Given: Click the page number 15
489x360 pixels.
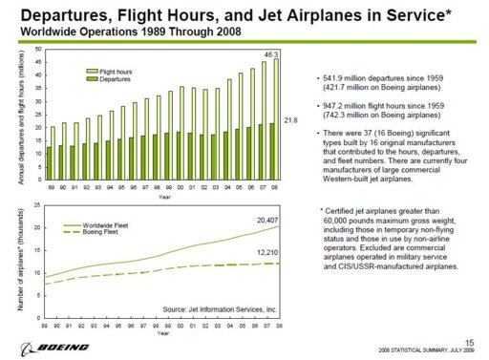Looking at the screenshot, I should point(470,341).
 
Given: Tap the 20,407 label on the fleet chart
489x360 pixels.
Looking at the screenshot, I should point(266,220).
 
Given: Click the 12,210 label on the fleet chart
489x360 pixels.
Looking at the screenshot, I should point(266,252).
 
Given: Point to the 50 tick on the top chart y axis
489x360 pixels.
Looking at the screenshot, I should point(37,49).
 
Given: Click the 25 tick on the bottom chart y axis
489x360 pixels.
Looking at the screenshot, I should point(37,205).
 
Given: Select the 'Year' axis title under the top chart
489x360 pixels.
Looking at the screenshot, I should point(165,198).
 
